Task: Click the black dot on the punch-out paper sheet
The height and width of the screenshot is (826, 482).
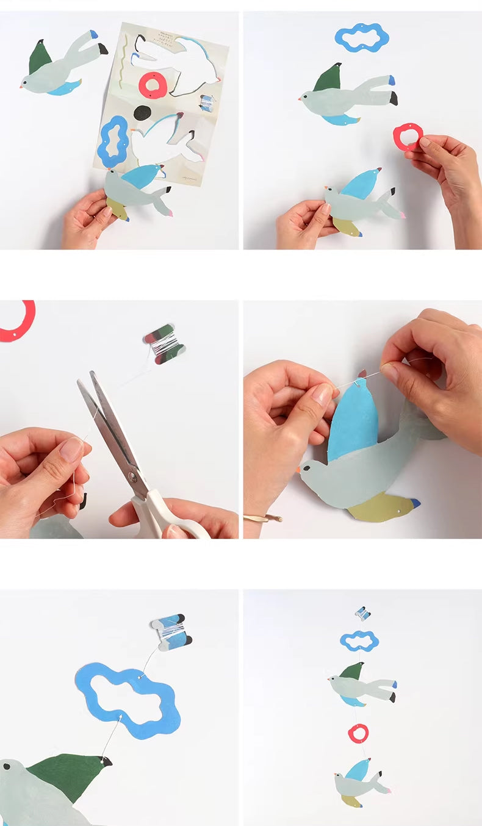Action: click(x=142, y=113)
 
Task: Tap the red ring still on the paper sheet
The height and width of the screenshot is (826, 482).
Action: click(x=153, y=85)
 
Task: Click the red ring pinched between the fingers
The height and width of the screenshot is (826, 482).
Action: click(x=408, y=137)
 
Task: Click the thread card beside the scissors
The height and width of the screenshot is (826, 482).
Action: click(x=164, y=344)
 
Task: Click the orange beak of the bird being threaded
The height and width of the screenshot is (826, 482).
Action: click(x=300, y=470)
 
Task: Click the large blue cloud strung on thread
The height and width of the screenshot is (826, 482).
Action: click(x=128, y=700)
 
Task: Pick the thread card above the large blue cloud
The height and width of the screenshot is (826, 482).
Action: click(x=171, y=631)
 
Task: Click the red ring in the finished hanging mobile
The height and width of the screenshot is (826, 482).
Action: click(x=358, y=733)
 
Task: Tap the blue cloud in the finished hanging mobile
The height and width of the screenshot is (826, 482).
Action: click(x=359, y=641)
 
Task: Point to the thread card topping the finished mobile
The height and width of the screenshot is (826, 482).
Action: click(x=362, y=613)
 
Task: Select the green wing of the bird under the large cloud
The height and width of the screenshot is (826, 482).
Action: click(x=67, y=775)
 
